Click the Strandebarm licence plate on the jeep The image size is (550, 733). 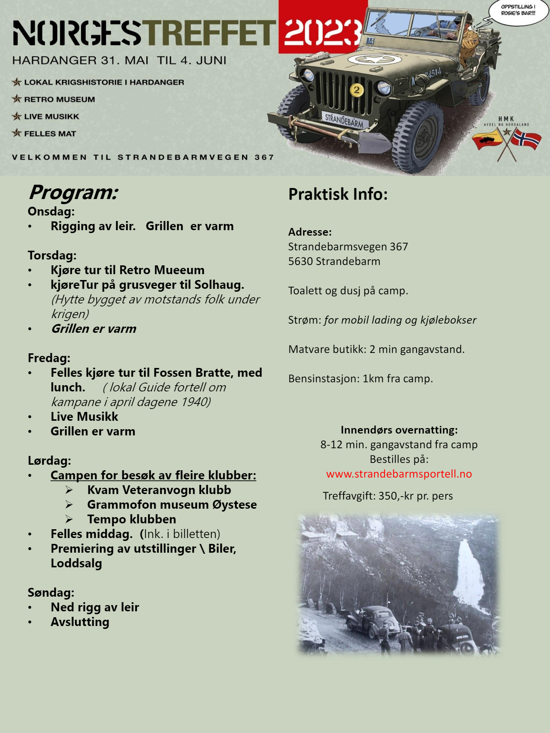pos(344,120)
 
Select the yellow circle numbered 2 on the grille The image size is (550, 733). pos(356,90)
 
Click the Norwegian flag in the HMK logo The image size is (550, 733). pos(527,139)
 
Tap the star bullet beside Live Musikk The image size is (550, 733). pos(16,117)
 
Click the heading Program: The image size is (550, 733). pos(74,192)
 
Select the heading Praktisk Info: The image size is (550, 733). pos(338,194)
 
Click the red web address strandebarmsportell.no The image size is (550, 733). pos(399,474)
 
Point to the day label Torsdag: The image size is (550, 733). pos(52,255)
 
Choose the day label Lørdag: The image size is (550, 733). pos(49,461)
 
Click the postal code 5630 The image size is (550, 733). pos(300,261)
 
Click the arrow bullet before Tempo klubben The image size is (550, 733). pos(69,519)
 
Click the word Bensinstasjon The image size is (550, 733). pos(324,379)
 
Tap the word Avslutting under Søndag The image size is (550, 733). pos(80,622)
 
